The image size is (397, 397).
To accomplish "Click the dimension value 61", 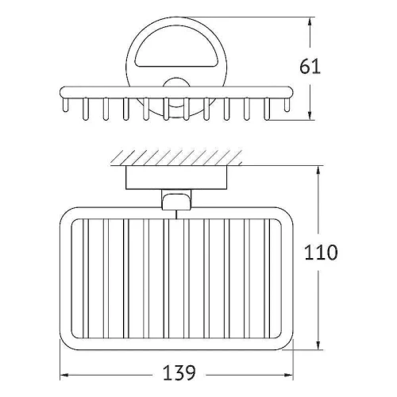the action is [310, 67].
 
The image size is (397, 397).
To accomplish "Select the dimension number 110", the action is [321, 252].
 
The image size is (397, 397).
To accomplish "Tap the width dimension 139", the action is [179, 372].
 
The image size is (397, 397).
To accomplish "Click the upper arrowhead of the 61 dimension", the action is [310, 22].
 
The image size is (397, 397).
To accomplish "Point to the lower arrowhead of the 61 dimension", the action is [310, 115].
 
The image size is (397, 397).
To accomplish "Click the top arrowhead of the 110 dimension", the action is [318, 172].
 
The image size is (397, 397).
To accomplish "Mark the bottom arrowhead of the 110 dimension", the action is [318, 344].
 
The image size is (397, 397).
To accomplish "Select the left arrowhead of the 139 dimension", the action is [65, 375].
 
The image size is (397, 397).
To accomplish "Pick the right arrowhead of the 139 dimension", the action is [288, 375].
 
